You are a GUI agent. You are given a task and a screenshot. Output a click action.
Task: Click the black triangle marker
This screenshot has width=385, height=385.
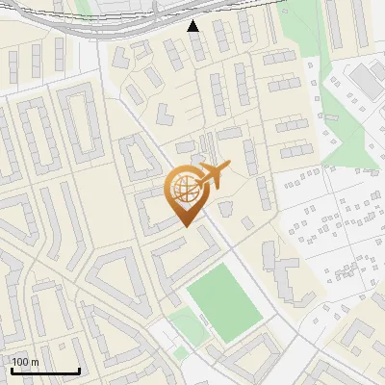193,25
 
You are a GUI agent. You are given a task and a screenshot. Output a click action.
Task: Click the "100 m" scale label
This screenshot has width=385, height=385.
25,362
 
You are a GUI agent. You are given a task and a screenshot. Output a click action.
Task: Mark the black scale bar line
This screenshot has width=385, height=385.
45,371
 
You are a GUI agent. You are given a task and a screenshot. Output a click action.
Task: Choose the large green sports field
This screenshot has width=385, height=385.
224,303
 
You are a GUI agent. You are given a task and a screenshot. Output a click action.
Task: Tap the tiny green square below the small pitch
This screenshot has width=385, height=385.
181,352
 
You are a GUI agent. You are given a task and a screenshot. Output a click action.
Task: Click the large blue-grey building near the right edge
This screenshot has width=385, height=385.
366,81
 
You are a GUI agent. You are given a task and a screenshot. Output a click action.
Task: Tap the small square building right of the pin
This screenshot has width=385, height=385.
227,208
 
